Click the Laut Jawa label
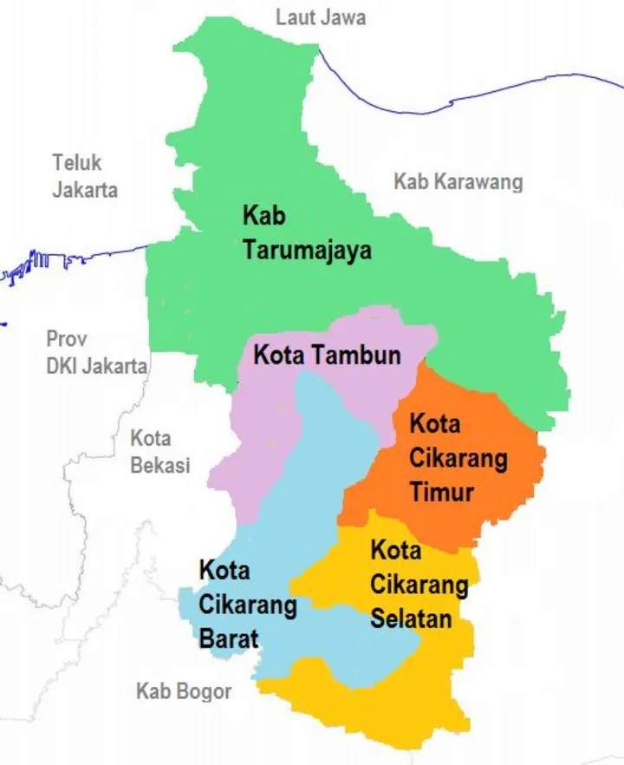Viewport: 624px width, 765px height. pos(321,17)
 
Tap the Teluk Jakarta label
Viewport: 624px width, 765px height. pos(85,176)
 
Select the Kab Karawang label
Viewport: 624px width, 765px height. pos(458,182)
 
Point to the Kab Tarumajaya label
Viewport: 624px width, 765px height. pos(307,233)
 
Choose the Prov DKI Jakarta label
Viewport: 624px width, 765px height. pos(96,352)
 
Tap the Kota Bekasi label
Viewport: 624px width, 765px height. pos(159,452)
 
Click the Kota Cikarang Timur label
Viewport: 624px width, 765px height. pos(458,458)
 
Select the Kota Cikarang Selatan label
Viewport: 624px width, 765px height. pos(419,585)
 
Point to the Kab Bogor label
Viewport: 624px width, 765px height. pos(184,691)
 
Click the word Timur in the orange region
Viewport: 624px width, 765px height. pos(442,492)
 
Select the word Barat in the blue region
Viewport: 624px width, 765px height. pos(229,638)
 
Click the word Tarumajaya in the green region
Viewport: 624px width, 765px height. pos(307,251)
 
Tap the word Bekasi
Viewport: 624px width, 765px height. pos(159,465)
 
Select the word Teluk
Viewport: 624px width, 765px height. pos(76,163)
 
